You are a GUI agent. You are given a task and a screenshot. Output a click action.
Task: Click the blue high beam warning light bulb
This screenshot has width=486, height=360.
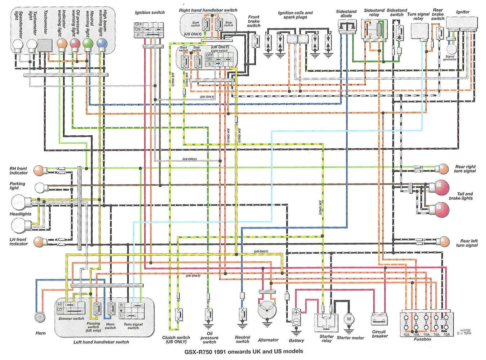pyautogui.click(x=102, y=44)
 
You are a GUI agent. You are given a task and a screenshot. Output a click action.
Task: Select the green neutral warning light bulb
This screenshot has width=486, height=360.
pyautogui.click(x=88, y=44)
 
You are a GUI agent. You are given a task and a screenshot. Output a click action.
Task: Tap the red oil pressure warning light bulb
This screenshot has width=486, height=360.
pyautogui.click(x=75, y=44)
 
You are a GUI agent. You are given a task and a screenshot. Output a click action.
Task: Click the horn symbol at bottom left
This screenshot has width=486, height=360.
pyautogui.click(x=40, y=317)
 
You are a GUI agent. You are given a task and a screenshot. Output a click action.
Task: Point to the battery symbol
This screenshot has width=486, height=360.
pyautogui.click(x=296, y=317)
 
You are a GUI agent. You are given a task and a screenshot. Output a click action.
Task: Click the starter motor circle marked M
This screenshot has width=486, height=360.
pyautogui.click(x=348, y=319)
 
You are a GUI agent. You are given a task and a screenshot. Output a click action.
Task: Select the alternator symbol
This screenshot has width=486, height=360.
pyautogui.click(x=267, y=309)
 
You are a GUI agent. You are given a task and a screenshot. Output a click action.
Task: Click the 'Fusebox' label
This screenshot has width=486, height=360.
pyautogui.click(x=422, y=339)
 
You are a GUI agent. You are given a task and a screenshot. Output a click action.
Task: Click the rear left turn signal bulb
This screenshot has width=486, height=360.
pyautogui.click(x=444, y=242)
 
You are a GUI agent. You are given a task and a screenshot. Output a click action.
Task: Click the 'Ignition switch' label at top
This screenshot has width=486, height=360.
pyautogui.click(x=150, y=13)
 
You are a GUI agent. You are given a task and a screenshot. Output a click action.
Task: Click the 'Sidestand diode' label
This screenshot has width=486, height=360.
pyautogui.click(x=346, y=14)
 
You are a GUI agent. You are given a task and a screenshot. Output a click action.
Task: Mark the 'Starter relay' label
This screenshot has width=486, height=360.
pyautogui.click(x=326, y=338)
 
